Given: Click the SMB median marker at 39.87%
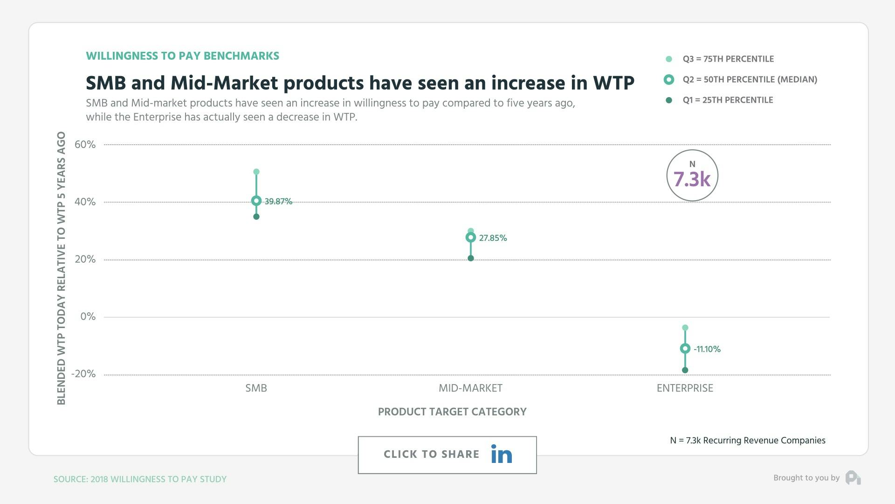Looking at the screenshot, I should pyautogui.click(x=256, y=201).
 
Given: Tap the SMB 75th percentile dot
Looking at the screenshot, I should pyautogui.click(x=256, y=172).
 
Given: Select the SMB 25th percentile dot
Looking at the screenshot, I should pyautogui.click(x=256, y=217).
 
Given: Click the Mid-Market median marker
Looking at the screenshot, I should pyautogui.click(x=470, y=238).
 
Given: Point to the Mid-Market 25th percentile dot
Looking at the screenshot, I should pyautogui.click(x=470, y=258).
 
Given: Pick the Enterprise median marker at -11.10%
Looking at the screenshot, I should pyautogui.click(x=685, y=349).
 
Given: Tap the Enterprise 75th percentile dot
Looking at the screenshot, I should pyautogui.click(x=685, y=328).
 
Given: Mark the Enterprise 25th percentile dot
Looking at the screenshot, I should pyautogui.click(x=685, y=370).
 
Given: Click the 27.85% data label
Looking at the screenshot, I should pyautogui.click(x=493, y=238).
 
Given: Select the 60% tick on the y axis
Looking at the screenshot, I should pyautogui.click(x=85, y=145).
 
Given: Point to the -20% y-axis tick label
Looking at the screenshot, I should pyautogui.click(x=83, y=374).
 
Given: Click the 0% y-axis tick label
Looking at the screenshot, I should pyautogui.click(x=88, y=316).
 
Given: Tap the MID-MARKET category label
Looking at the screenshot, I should pyautogui.click(x=470, y=388).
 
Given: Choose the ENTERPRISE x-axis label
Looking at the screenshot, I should pyautogui.click(x=685, y=388).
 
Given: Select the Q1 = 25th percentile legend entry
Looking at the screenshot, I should pyautogui.click(x=727, y=100).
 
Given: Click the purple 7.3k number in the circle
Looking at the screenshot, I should pyautogui.click(x=692, y=179).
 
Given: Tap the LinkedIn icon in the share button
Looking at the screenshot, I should pyautogui.click(x=502, y=454).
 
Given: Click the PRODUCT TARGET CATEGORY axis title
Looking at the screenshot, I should pyautogui.click(x=452, y=412).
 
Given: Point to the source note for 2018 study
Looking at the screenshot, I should pyautogui.click(x=140, y=479).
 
